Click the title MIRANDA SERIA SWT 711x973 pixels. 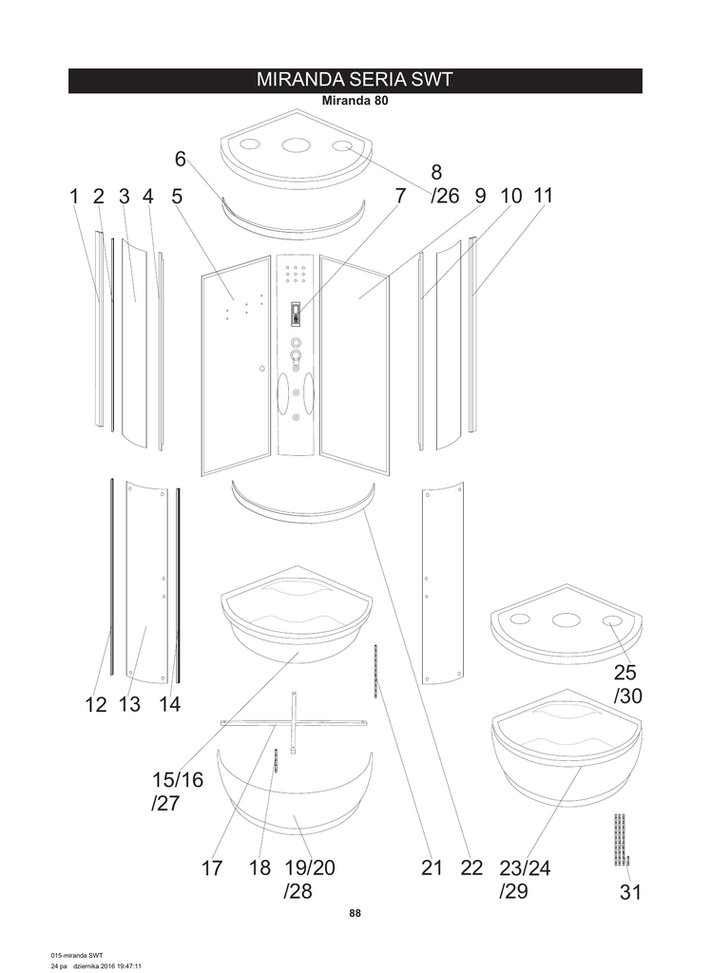355,80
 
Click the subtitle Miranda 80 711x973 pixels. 355,101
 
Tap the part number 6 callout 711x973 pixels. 180,159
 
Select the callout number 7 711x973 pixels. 400,196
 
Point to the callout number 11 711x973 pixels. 543,196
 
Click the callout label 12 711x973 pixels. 96,704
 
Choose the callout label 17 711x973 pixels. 212,868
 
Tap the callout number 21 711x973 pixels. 432,868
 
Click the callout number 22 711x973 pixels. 471,868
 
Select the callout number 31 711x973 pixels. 630,891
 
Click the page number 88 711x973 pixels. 355,913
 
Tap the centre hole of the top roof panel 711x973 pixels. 296,145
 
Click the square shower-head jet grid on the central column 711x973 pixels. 295,273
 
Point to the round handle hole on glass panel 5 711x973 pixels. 262,369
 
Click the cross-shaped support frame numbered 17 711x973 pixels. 294,722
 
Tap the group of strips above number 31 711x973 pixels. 621,839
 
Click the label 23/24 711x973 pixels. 525,868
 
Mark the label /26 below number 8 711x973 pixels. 445,196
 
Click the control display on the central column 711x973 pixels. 297,314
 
